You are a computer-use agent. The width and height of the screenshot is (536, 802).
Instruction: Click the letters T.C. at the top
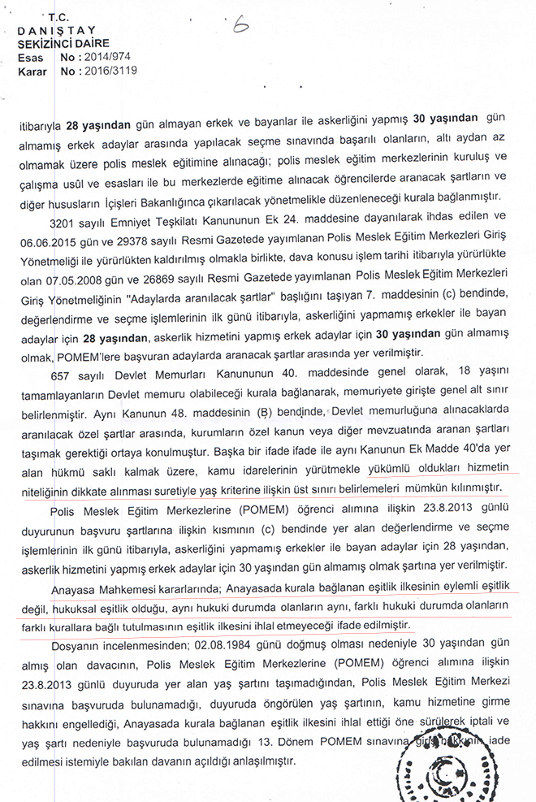59,17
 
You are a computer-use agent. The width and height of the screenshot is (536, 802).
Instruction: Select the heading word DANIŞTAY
50,31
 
